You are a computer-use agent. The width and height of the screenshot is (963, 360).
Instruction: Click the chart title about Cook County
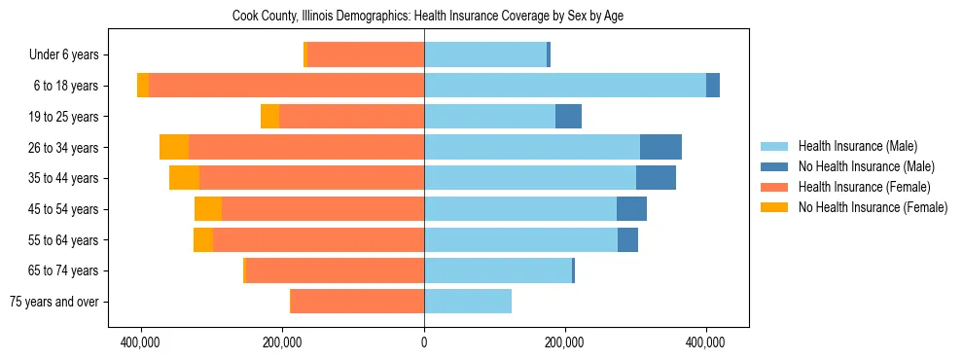point(433,16)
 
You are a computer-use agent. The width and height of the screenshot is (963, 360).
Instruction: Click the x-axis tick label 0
point(424,343)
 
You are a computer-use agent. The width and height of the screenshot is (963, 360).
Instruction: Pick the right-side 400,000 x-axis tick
point(705,343)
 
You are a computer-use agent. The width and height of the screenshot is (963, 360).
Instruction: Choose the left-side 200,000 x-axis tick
point(283,343)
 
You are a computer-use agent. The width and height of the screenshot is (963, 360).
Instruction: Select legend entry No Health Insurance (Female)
point(873,207)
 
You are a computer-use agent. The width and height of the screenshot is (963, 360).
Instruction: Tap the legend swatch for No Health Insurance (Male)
point(774,166)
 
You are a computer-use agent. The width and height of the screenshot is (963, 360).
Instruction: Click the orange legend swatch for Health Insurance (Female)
point(774,187)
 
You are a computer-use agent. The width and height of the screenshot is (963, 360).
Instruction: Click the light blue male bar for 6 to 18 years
point(564,86)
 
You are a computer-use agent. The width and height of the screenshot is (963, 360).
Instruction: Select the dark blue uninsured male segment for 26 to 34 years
point(660,148)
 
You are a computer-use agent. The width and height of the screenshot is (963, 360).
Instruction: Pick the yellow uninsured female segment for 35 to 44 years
point(184,178)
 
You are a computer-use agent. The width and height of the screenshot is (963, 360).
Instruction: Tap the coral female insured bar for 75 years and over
point(357,302)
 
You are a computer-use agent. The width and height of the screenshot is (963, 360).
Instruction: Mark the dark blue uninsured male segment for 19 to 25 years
point(568,117)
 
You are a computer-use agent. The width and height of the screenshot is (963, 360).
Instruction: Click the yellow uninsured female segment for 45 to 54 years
point(208,209)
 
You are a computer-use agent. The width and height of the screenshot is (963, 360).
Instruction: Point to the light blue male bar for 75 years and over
point(468,302)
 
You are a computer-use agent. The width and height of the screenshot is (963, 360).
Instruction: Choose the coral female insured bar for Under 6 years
point(366,55)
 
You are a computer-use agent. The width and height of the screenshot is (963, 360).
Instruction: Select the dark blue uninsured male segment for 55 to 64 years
point(627,240)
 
